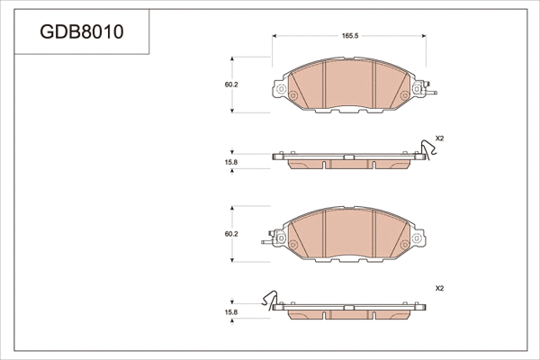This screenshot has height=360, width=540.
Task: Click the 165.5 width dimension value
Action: (x=350, y=36)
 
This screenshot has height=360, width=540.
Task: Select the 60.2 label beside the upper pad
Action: (x=231, y=85)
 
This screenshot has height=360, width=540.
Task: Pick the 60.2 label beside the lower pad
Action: (x=231, y=234)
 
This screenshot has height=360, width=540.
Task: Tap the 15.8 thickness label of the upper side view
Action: (x=231, y=162)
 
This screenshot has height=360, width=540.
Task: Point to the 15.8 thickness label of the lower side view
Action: (x=231, y=312)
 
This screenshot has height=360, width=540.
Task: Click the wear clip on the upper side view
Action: (x=427, y=149)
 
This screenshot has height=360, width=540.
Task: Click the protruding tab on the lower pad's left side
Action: (x=268, y=240)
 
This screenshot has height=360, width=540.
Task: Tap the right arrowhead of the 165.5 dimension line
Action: (x=425, y=36)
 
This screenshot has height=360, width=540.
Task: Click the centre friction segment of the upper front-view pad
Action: (x=349, y=85)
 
